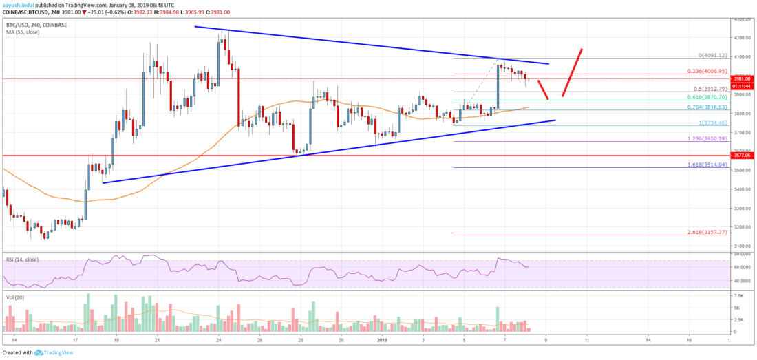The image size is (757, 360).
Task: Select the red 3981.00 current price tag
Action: tap(743, 78)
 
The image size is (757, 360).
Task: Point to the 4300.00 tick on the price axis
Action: tap(742, 19)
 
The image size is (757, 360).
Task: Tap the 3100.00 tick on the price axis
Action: tap(742, 246)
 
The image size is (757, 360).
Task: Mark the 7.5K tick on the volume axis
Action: tap(738, 295)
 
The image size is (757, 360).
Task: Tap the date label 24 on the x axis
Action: tap(218, 340)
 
